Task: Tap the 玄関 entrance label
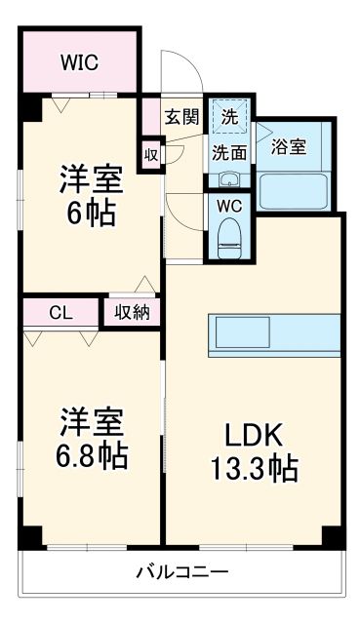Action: (x=181, y=117)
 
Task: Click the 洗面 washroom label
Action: (x=229, y=152)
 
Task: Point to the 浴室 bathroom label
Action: (x=288, y=146)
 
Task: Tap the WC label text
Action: (x=230, y=206)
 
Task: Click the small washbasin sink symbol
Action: (x=228, y=179)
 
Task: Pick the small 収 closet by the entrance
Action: (x=151, y=153)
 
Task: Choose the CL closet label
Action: (x=60, y=312)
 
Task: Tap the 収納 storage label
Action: (x=131, y=312)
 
